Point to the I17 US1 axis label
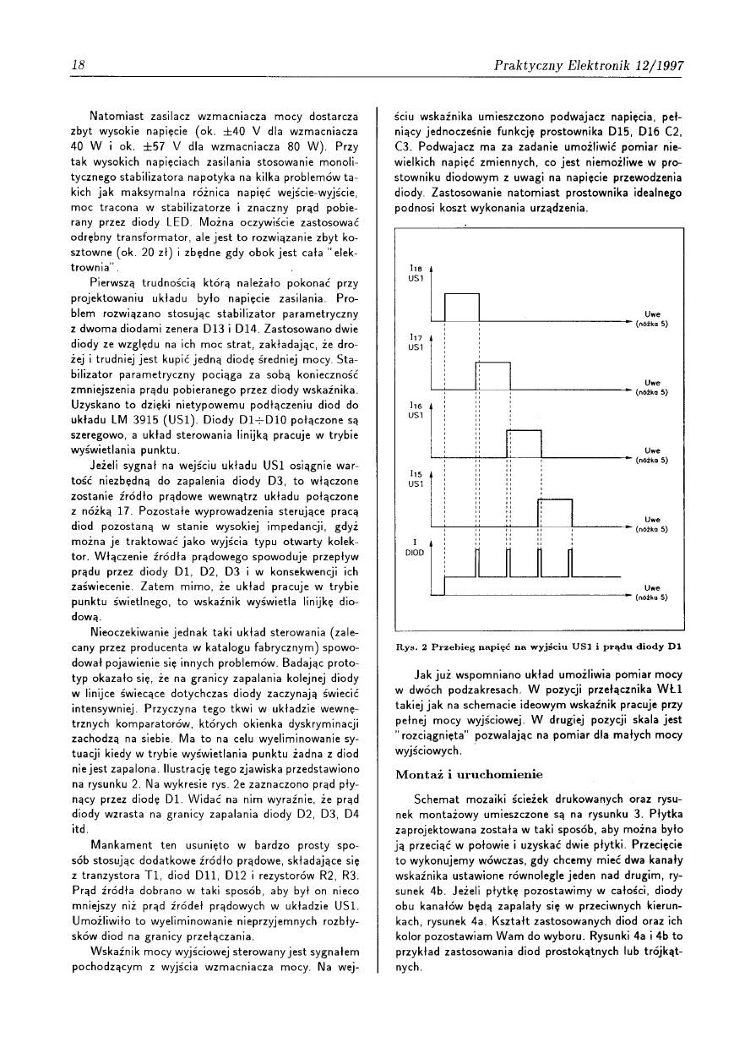pyautogui.click(x=415, y=341)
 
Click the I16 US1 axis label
pyautogui.click(x=415, y=410)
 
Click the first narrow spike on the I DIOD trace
pyautogui.click(x=476, y=564)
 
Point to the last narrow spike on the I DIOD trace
pyautogui.click(x=572, y=564)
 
